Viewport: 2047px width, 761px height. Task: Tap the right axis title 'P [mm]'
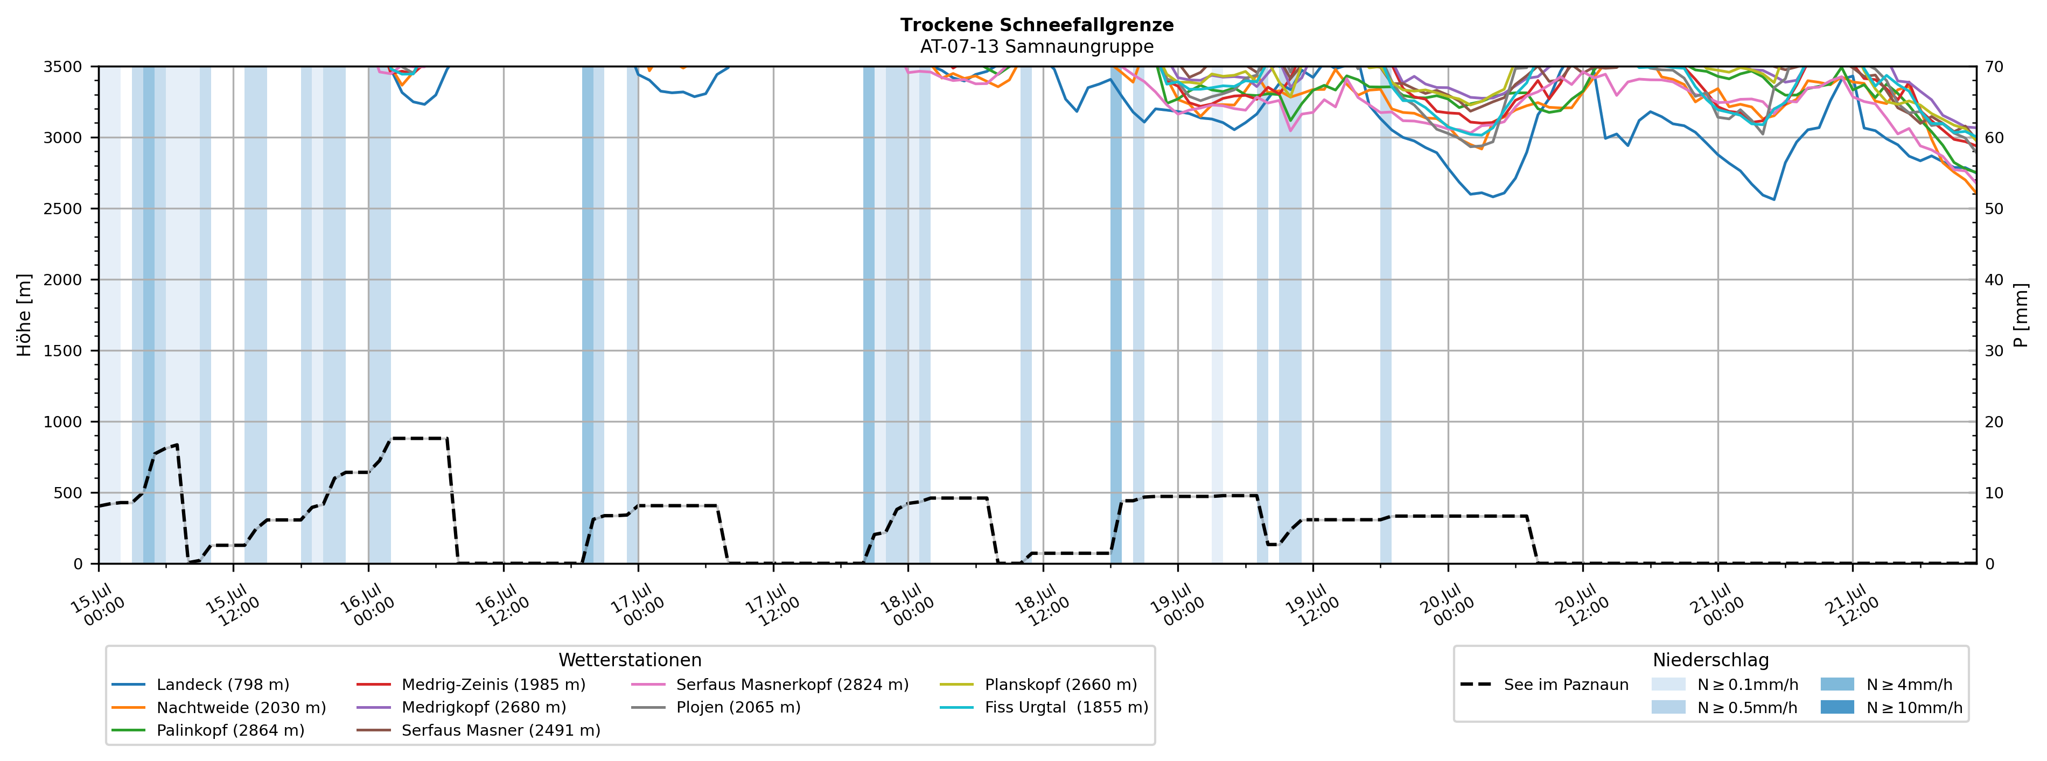point(2021,314)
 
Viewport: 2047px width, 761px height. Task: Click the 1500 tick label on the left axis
point(63,351)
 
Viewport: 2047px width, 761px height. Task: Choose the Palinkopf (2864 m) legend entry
point(208,730)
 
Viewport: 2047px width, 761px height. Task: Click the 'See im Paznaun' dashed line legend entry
point(1544,685)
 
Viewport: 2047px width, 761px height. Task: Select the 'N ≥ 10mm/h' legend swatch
point(1836,707)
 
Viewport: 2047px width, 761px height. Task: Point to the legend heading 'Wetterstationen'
point(630,660)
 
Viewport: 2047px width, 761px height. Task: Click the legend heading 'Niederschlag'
point(1711,660)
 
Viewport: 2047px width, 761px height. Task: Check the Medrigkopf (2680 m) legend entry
point(462,707)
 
